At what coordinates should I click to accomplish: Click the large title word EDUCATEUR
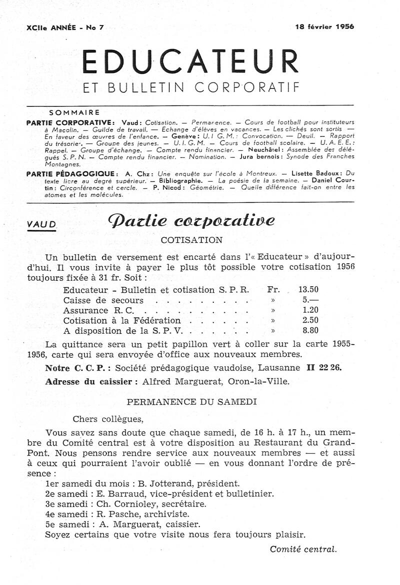click(190, 62)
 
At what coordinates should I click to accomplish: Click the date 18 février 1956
click(324, 27)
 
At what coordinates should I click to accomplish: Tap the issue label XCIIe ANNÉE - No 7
click(65, 27)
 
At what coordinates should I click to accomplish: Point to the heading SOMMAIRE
click(75, 112)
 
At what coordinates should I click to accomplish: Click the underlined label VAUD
click(42, 225)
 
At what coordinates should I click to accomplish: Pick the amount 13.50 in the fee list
click(308, 289)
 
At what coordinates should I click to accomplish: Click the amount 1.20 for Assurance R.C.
click(310, 310)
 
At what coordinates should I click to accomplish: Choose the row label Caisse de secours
click(103, 300)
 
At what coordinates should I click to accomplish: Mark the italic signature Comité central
click(303, 549)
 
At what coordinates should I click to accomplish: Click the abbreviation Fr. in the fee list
click(273, 289)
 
